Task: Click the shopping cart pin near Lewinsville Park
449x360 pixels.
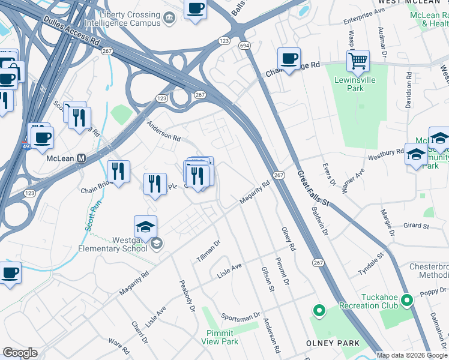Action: (358, 61)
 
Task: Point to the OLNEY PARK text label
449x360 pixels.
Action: (333, 343)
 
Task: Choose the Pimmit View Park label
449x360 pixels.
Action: (221, 337)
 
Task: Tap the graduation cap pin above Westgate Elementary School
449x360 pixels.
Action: (145, 227)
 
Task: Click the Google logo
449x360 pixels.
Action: (20, 353)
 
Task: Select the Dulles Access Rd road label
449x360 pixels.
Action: (71, 31)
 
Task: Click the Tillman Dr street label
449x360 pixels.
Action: (208, 251)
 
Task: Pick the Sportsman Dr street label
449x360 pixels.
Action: (240, 316)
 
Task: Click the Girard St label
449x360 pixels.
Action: (416, 226)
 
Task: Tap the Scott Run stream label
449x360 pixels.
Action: (92, 220)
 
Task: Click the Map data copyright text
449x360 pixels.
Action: (412, 355)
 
